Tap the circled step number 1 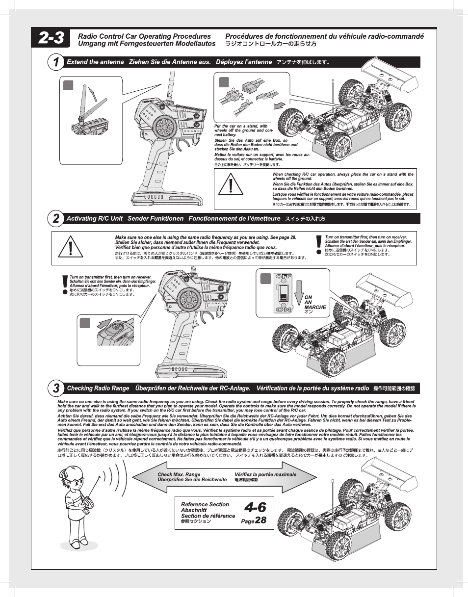pos(56,62)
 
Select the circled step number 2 pos(56,218)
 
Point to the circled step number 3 pos(56,388)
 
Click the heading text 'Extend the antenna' pos(95,62)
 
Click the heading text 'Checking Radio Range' pos(98,388)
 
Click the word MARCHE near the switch pos(315,307)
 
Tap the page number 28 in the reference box pos(260,520)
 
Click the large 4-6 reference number pos(255,507)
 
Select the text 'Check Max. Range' pos(179,474)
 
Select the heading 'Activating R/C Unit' pos(94,218)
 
